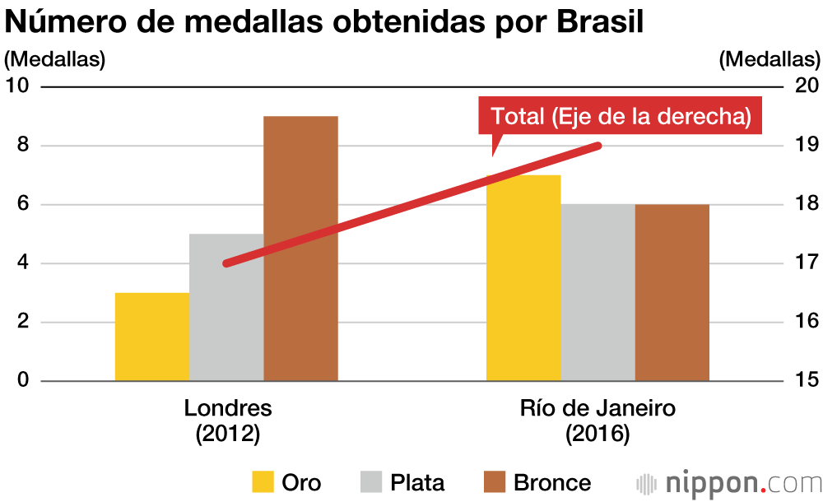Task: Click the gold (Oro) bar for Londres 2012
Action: click(x=151, y=337)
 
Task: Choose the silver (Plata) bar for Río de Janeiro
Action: click(x=597, y=292)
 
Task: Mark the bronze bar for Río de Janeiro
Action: click(x=672, y=292)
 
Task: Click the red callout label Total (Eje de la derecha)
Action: click(x=621, y=117)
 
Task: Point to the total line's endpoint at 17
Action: click(x=226, y=263)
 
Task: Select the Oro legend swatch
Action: click(x=263, y=482)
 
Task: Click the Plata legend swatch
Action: click(x=371, y=482)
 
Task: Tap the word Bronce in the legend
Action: click(x=551, y=483)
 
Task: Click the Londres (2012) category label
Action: click(x=227, y=421)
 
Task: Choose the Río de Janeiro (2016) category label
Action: click(x=597, y=421)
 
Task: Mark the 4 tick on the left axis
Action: click(x=23, y=263)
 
